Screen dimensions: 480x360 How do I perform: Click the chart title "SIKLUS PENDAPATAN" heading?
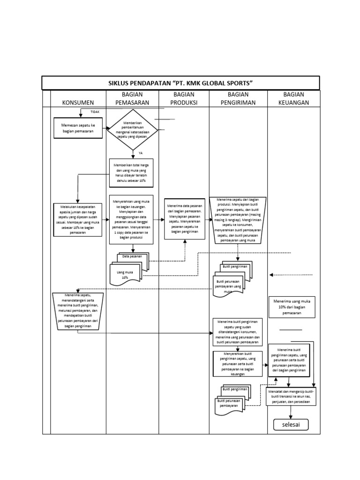tap(180, 83)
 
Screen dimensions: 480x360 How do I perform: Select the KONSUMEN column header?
tap(78, 103)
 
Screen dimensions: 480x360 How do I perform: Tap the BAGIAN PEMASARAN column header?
tap(132, 98)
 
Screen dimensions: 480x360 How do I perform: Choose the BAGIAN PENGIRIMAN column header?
tap(238, 98)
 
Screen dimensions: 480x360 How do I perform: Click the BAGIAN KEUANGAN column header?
tap(293, 98)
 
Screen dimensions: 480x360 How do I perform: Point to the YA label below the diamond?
tap(140, 153)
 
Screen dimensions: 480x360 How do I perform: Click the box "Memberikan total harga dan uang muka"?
tap(131, 172)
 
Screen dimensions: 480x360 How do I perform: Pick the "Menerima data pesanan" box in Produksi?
tap(184, 218)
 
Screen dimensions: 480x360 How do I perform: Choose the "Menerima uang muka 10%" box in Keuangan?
tap(292, 307)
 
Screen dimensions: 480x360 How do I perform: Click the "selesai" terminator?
tap(291, 425)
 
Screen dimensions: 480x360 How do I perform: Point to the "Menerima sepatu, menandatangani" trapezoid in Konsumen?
tap(78, 311)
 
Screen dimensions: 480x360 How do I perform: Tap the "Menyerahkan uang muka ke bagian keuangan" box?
tap(131, 219)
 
